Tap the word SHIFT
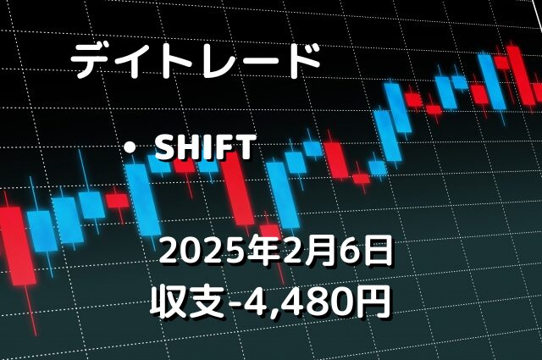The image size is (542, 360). click(x=205, y=147)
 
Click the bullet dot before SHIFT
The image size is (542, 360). click(x=130, y=148)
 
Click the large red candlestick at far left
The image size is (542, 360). click(x=17, y=246)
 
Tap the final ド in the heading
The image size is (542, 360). click(x=301, y=61)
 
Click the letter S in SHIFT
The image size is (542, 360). click(x=166, y=147)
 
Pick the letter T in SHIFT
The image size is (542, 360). click(x=245, y=147)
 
